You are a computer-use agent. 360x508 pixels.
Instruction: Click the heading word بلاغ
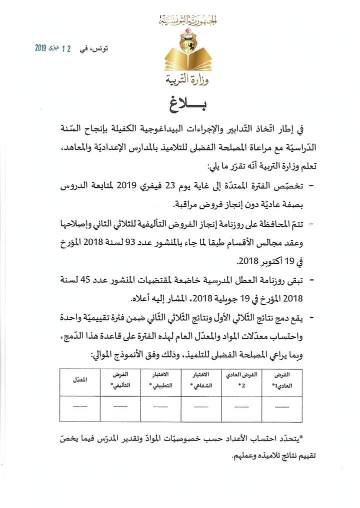(181, 106)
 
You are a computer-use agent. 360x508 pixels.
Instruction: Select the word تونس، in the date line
(110, 49)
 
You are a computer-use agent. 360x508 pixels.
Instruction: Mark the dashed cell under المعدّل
(79, 406)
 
